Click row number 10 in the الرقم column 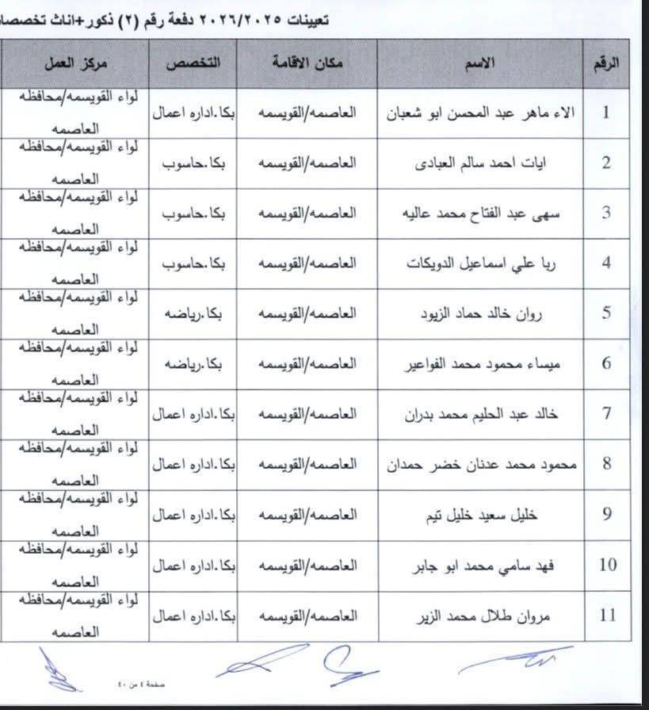tap(606, 565)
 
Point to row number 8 tap(606, 464)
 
